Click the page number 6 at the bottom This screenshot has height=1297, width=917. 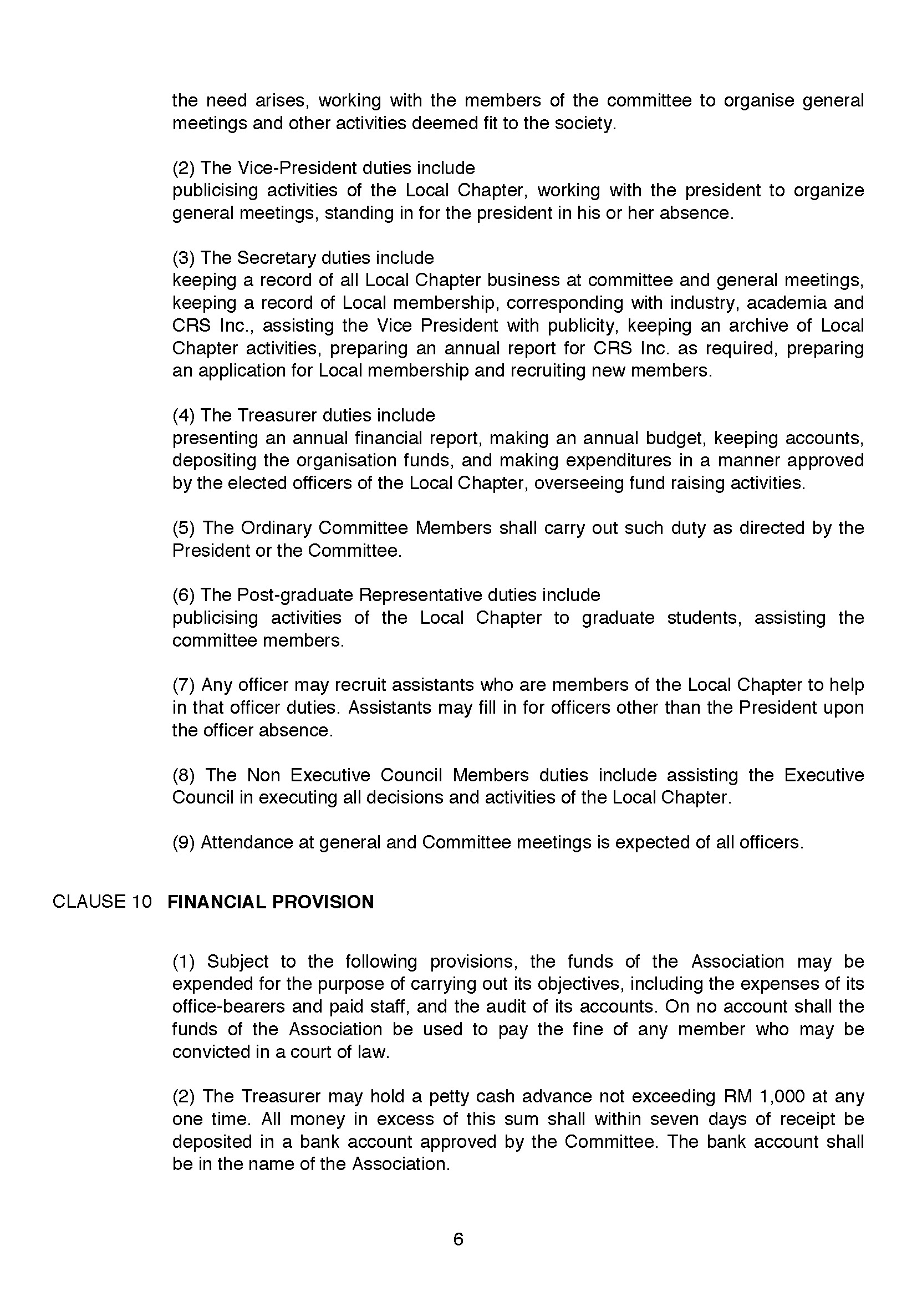point(458,1239)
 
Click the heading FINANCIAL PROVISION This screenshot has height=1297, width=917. point(271,902)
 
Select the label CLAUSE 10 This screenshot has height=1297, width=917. point(102,902)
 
